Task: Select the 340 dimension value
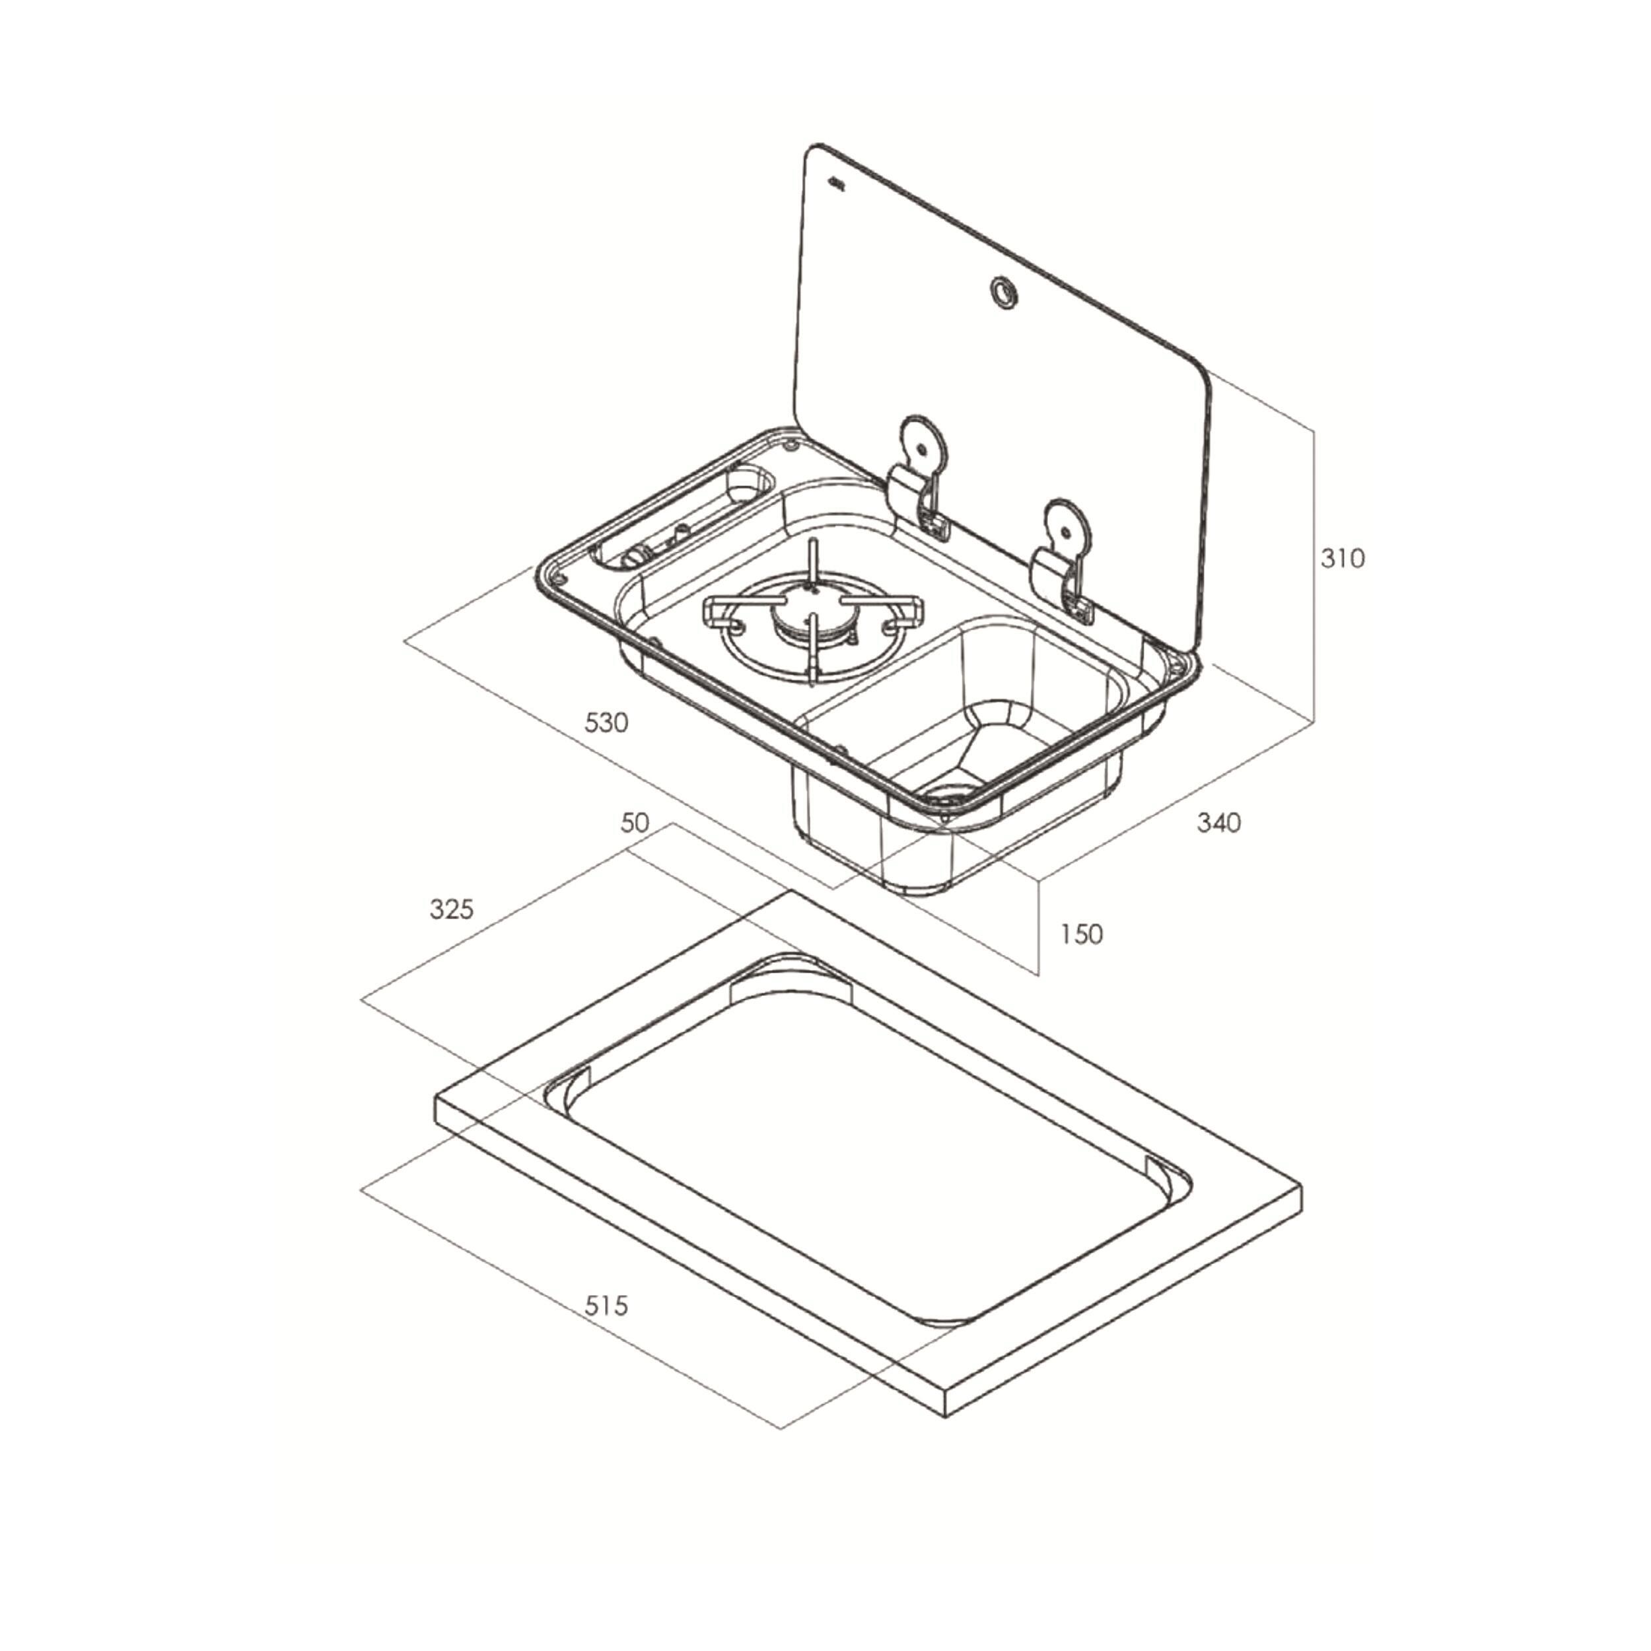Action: coord(1218,823)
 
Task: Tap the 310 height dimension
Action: coord(1343,559)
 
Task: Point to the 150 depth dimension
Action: coord(1081,934)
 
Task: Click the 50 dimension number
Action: coord(635,823)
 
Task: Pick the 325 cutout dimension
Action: coord(451,909)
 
